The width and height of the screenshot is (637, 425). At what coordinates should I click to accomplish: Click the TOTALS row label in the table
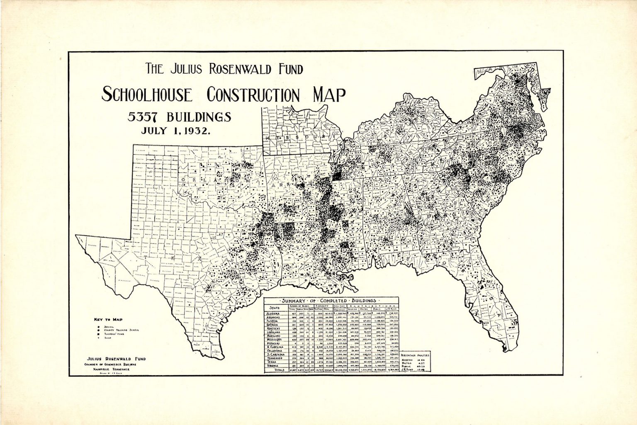pos(276,371)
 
